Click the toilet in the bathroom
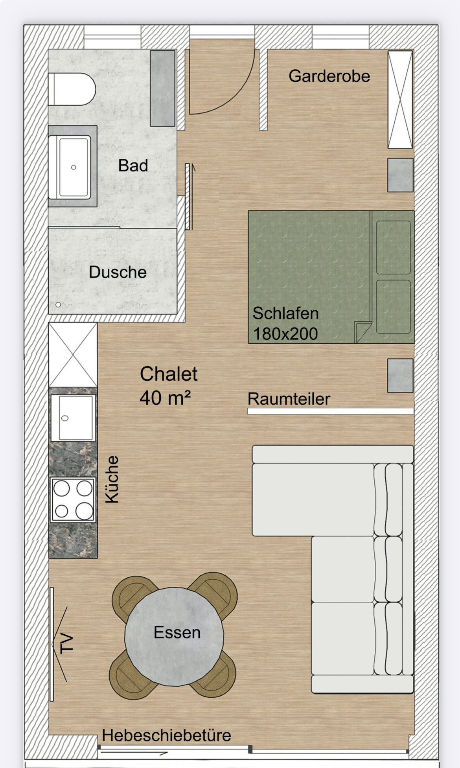(x=72, y=89)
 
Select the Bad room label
(x=133, y=166)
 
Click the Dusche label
(x=118, y=272)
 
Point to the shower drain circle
(x=58, y=305)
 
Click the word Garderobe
(x=329, y=76)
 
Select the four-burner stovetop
(x=73, y=500)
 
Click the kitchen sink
(x=73, y=418)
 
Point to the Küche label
(x=112, y=479)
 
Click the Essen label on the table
(x=177, y=632)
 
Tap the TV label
(x=66, y=644)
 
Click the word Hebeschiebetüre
(x=166, y=735)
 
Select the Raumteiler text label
(x=289, y=399)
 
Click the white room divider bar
(x=330, y=411)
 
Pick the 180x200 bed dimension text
(x=285, y=334)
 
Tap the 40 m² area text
(x=165, y=398)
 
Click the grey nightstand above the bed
(x=400, y=175)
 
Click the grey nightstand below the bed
(x=400, y=376)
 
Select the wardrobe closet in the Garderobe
(x=400, y=99)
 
